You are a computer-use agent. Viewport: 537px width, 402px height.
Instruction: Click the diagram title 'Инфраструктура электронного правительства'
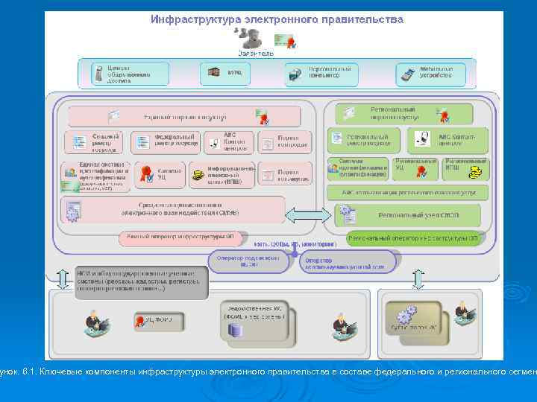277,20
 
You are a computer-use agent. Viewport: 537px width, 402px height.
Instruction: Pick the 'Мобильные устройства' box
431,73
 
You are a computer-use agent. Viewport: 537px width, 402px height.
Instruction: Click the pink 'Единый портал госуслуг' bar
184,116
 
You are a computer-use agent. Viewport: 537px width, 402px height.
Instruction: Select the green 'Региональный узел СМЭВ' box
406,215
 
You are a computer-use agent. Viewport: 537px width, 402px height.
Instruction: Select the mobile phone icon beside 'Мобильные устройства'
408,74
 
